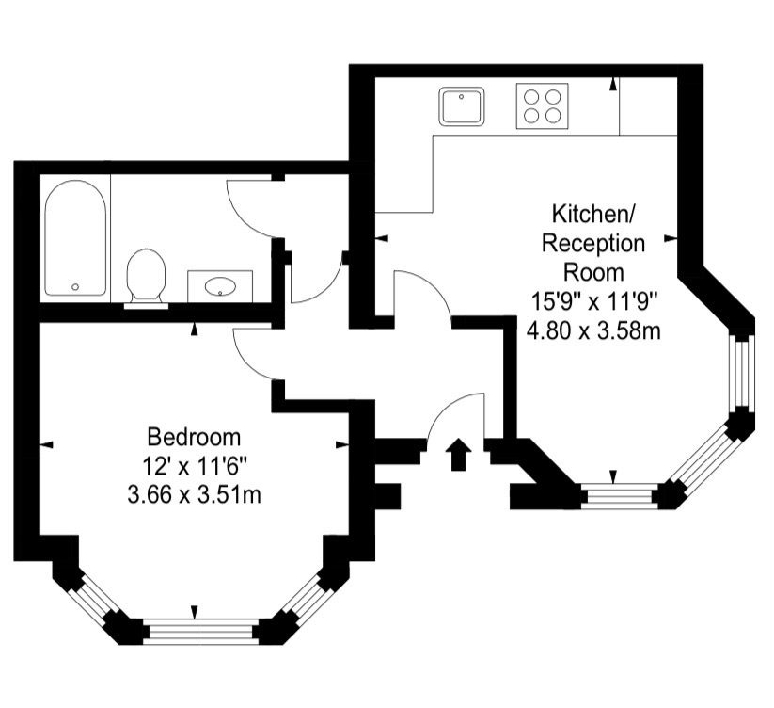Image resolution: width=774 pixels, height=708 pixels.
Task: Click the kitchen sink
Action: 462,105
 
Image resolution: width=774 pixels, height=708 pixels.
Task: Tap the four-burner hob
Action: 542,105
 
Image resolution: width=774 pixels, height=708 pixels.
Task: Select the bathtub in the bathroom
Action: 75,238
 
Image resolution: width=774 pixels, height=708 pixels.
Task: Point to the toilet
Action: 146,278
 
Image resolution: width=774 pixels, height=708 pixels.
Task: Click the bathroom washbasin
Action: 220,286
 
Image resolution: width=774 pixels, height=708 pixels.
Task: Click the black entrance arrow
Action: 458,454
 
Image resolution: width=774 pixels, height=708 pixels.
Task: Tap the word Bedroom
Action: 194,437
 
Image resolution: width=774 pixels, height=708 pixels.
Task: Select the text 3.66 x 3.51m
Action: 194,494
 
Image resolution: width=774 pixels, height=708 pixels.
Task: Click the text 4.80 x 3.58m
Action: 593,330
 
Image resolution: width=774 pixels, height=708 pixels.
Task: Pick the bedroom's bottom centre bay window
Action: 200,632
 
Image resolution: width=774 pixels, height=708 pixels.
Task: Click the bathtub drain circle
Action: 75,286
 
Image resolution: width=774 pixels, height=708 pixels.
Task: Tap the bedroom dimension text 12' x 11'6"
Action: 194,466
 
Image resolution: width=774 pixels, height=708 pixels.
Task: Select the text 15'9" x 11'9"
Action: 594,301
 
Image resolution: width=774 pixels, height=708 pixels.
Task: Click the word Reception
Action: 593,244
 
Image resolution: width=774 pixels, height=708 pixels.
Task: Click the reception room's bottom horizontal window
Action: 620,496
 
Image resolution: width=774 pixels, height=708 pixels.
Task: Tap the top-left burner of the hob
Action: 531,95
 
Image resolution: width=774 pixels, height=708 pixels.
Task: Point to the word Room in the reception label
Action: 593,273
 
